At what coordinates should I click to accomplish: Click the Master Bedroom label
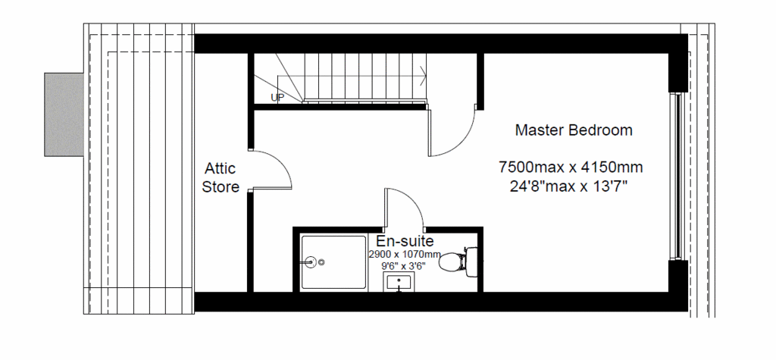click(x=574, y=130)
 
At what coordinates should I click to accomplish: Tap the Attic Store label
click(x=221, y=178)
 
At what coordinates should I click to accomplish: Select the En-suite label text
click(x=405, y=241)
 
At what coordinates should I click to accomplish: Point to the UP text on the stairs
click(x=277, y=98)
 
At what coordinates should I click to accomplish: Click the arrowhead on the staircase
click(x=423, y=76)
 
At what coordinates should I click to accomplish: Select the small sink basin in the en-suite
click(x=399, y=282)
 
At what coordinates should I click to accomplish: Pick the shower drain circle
click(x=321, y=262)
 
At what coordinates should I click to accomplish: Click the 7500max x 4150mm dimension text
click(x=571, y=167)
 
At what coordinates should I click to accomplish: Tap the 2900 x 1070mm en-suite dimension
click(x=405, y=255)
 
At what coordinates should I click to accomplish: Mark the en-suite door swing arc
click(x=413, y=198)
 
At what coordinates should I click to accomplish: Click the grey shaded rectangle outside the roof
click(x=64, y=115)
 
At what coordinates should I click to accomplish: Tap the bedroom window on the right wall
click(x=675, y=176)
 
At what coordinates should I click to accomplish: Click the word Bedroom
click(x=600, y=130)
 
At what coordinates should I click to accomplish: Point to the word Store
click(x=221, y=186)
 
